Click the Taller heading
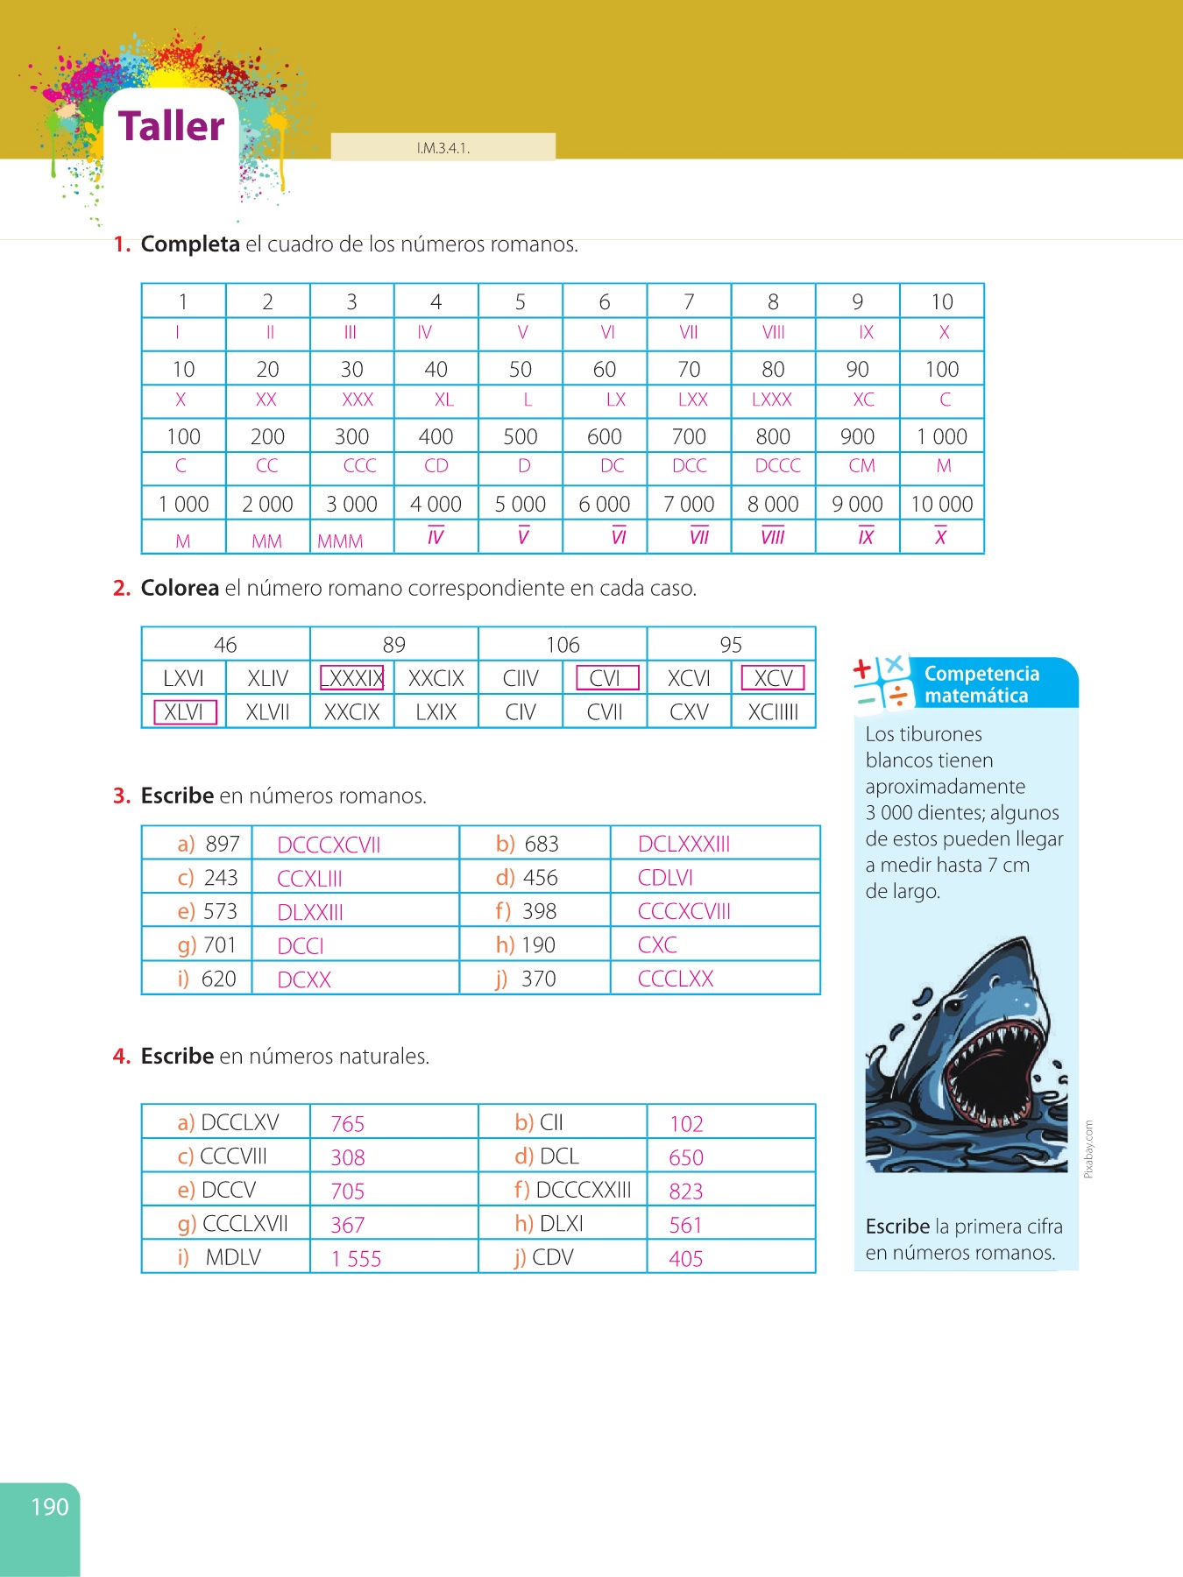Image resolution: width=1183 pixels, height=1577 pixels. (x=172, y=126)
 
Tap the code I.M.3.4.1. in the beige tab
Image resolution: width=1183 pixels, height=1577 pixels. (x=443, y=148)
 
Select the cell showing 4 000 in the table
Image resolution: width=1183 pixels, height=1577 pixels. (x=436, y=505)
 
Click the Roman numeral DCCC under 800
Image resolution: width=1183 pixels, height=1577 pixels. (x=777, y=466)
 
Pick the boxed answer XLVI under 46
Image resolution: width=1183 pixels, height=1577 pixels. (x=184, y=712)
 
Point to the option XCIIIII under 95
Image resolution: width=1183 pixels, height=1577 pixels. (x=773, y=712)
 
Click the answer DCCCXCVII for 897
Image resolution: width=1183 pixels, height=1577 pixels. (x=329, y=845)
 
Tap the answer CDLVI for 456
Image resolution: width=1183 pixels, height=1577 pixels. (x=665, y=878)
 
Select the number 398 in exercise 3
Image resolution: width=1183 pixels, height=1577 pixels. (x=539, y=912)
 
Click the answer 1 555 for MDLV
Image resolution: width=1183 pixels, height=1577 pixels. (x=356, y=1259)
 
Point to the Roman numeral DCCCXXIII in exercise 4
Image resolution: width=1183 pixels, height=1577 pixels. (x=583, y=1190)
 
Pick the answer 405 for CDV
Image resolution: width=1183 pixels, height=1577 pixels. (x=685, y=1259)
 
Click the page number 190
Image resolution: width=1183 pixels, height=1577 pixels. (x=49, y=1507)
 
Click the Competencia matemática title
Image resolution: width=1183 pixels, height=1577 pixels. (x=981, y=684)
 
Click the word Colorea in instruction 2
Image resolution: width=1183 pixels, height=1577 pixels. (x=180, y=588)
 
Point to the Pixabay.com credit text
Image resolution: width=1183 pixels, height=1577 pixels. (x=1088, y=1149)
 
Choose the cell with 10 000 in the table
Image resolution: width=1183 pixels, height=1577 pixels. (x=942, y=505)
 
